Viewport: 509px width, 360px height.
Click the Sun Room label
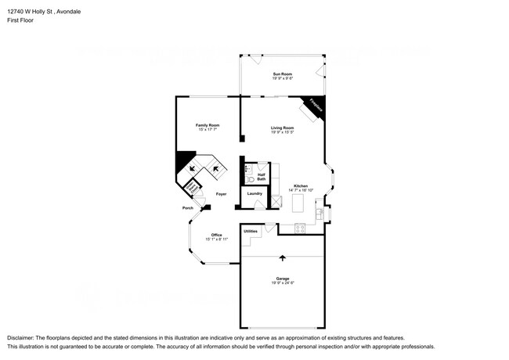point(282,74)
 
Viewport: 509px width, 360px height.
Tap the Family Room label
point(208,125)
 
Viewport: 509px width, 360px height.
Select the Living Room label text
point(282,128)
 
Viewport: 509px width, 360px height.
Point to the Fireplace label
point(316,106)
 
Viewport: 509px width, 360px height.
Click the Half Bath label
point(261,177)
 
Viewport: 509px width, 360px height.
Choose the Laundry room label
point(254,193)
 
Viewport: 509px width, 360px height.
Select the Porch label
point(188,208)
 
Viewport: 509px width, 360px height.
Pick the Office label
point(215,235)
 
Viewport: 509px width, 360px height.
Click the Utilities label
point(251,231)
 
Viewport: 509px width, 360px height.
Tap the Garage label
point(282,279)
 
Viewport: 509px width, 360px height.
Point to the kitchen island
point(297,203)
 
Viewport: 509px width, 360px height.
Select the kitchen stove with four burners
point(299,228)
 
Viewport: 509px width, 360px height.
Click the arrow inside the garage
point(282,257)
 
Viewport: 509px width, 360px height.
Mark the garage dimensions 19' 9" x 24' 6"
point(282,283)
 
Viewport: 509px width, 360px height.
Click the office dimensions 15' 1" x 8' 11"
point(215,239)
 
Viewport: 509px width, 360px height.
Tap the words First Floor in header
point(22,20)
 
